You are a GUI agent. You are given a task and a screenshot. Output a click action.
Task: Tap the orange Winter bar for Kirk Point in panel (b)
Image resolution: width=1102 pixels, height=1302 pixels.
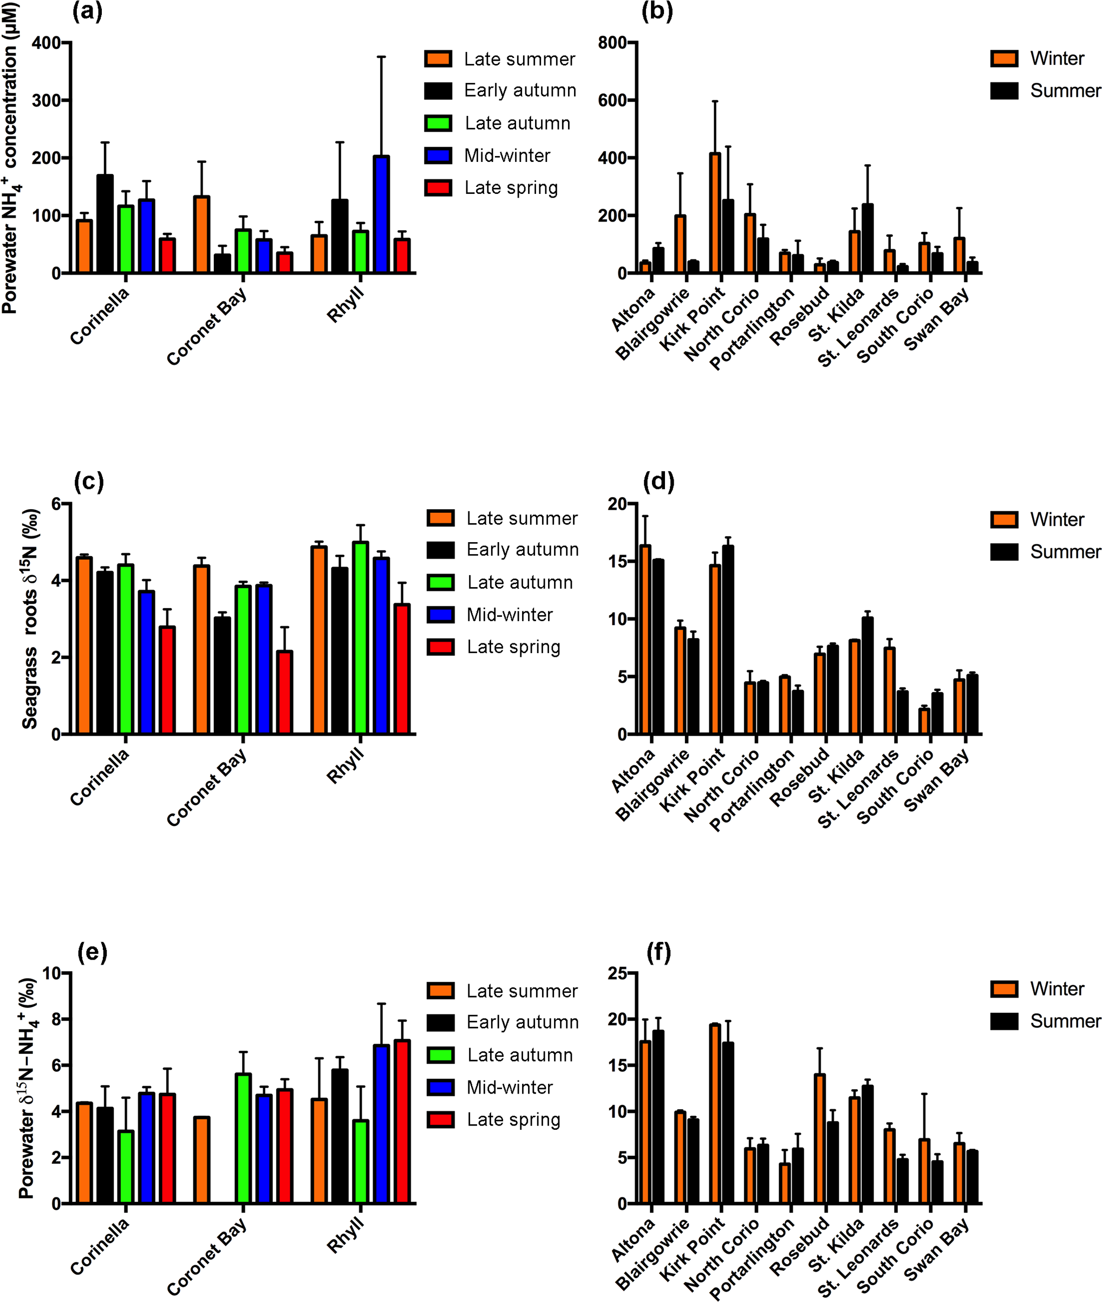[715, 213]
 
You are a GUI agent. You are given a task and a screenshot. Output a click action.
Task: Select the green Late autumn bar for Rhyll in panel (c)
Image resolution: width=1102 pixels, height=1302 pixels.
[361, 638]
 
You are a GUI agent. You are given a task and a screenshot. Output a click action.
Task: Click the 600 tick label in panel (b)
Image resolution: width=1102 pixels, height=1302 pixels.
[612, 101]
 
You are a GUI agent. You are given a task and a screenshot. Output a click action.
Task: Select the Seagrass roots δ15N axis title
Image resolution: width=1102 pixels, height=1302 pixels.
[30, 619]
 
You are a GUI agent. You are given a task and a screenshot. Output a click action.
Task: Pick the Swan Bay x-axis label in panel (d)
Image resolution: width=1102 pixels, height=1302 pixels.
[937, 781]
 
